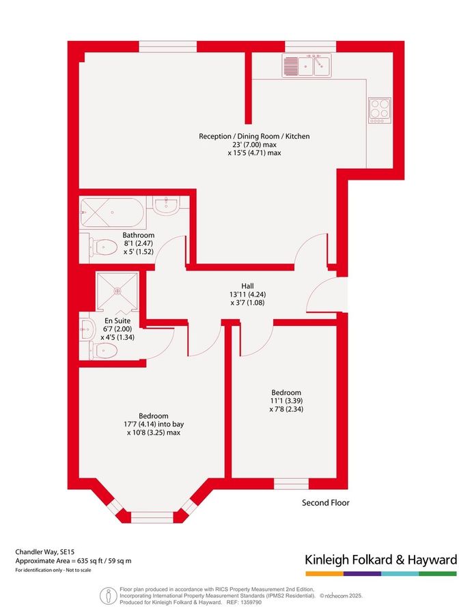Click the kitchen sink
coord(306,66)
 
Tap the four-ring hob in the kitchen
coord(379,108)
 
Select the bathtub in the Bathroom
coord(111,213)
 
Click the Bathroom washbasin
coord(166,206)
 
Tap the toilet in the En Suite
coord(102,350)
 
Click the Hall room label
coord(247,286)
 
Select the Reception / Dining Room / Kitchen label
coord(254,136)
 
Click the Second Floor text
coord(326,503)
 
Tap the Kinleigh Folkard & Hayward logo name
coord(380,560)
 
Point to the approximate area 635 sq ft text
coord(74,560)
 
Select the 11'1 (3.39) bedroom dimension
coord(285,401)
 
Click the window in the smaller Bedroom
coord(291,484)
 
